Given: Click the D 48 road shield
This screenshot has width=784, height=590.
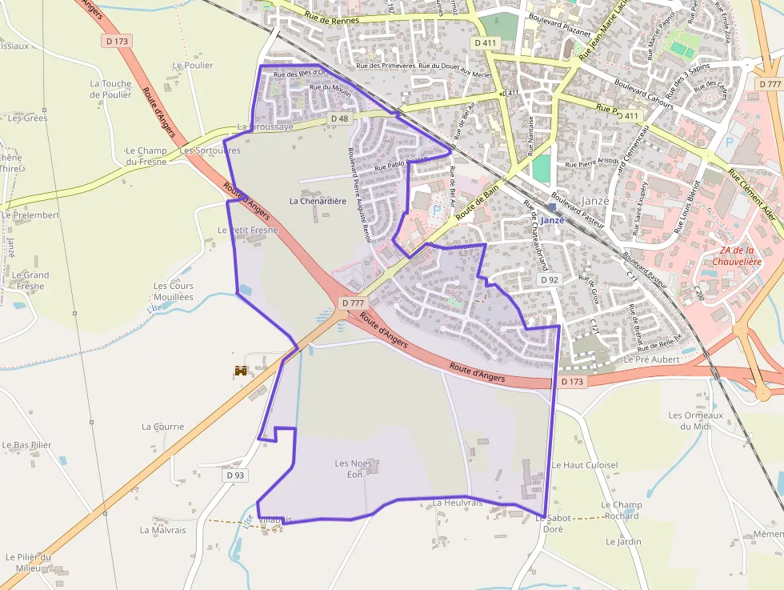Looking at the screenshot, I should click(339, 118).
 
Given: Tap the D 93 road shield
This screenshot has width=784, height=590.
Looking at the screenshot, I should click(234, 475).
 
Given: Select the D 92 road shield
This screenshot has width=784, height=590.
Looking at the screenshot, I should click(549, 280).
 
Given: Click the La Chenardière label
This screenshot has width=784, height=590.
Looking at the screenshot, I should click(318, 201).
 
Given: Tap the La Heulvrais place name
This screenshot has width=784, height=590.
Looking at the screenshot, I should click(458, 503).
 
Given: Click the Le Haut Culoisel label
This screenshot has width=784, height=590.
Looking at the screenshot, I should click(585, 465).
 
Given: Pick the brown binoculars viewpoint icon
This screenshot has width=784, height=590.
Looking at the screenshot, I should click(240, 371).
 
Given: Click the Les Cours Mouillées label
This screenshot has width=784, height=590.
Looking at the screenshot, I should click(173, 291).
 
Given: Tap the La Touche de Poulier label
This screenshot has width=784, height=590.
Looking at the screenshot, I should click(110, 89).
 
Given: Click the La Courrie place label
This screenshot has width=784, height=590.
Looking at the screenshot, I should click(162, 427).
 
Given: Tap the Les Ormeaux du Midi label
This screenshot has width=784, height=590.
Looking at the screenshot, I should click(695, 420).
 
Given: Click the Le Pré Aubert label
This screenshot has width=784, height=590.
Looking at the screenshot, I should click(651, 359).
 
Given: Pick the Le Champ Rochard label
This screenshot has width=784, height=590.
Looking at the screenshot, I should click(622, 510).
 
